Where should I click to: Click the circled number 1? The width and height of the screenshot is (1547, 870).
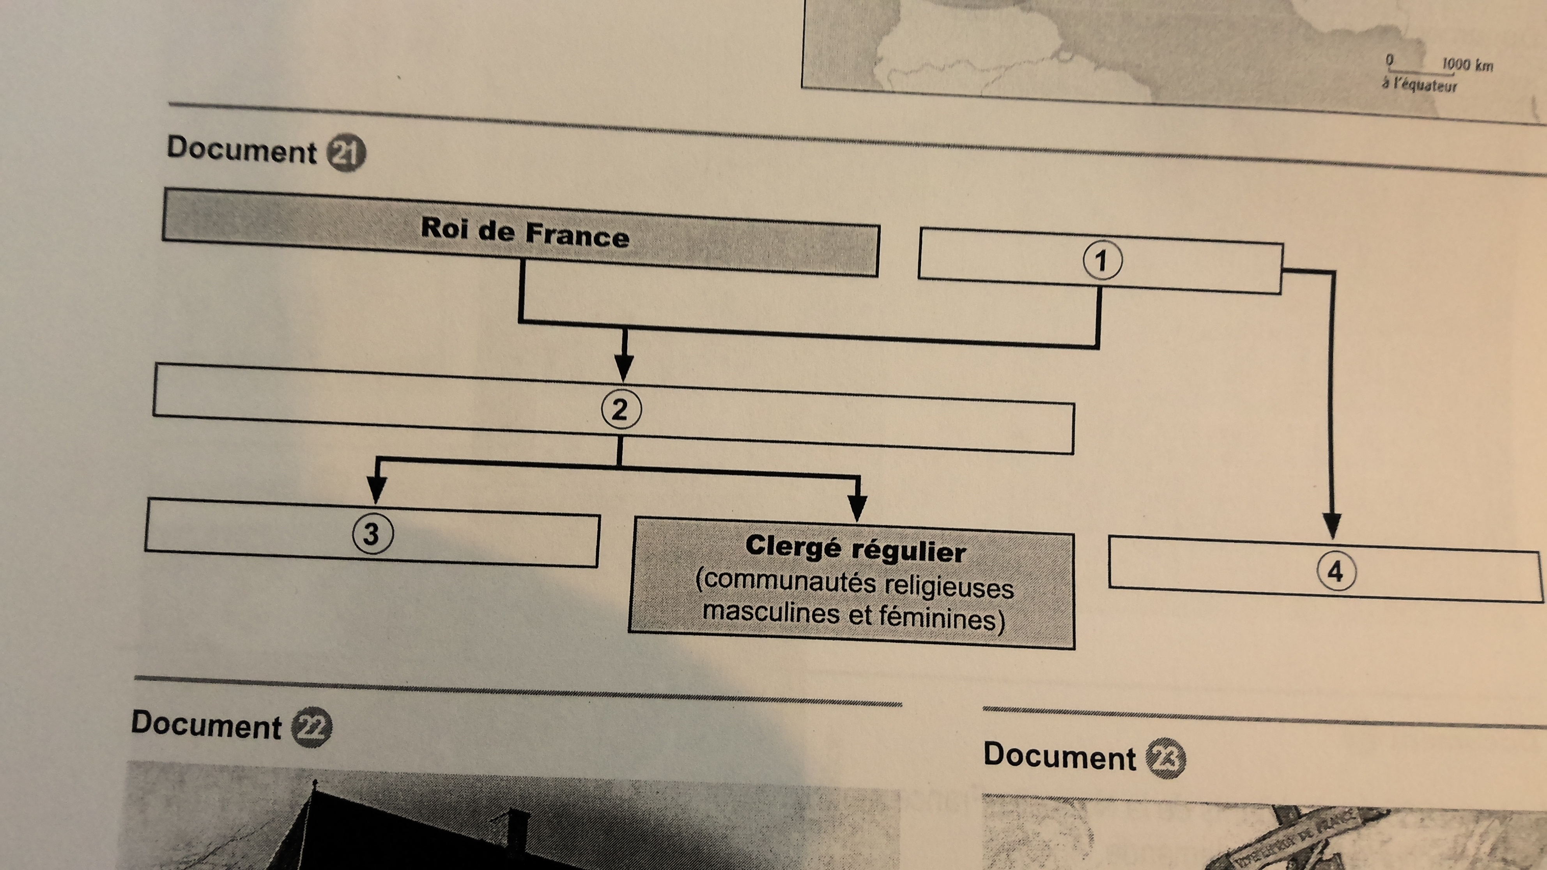coord(1102,261)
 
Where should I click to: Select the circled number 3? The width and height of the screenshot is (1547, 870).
coord(372,534)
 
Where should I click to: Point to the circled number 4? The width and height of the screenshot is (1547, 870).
coord(1336,571)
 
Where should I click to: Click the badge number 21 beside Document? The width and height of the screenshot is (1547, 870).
coord(346,154)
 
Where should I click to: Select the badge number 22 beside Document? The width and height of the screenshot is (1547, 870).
coord(312,728)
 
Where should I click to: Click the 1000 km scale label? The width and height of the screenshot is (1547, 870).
coord(1467,65)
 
